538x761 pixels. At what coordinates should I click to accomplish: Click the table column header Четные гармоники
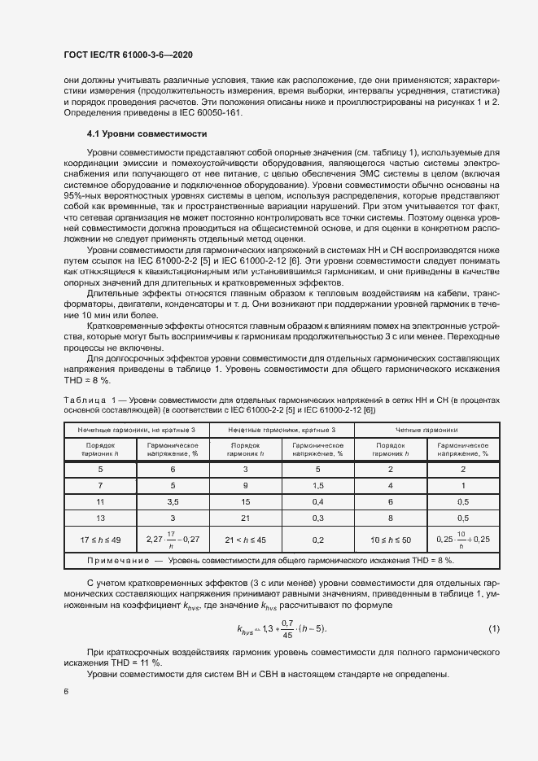click(427, 429)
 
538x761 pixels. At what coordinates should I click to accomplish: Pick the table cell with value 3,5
click(173, 501)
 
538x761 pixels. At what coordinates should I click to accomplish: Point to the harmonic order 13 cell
click(100, 517)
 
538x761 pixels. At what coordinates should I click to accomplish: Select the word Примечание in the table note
click(117, 561)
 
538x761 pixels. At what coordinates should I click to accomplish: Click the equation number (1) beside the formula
click(493, 630)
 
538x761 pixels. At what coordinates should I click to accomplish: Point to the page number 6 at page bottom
click(66, 692)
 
